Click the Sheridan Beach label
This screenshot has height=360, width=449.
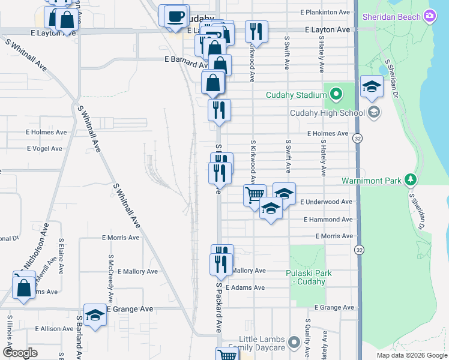(x=391, y=16)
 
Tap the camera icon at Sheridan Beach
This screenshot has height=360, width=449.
(x=429, y=16)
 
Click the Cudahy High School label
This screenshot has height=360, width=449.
(x=328, y=113)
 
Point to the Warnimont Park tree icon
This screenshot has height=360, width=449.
(x=411, y=179)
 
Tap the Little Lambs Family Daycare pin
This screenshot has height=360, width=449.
(x=294, y=343)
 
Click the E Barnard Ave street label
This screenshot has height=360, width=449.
(x=186, y=60)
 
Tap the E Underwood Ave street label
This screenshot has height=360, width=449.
(x=326, y=202)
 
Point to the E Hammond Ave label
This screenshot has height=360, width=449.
(x=328, y=220)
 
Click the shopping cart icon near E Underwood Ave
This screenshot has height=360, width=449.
(x=255, y=194)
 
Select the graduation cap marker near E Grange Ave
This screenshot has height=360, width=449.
(x=95, y=314)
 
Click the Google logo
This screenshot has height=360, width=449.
(x=20, y=353)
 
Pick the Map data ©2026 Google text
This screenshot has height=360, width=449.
(x=411, y=355)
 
